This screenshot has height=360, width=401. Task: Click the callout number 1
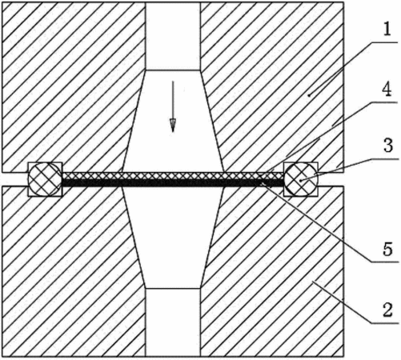point(387,29)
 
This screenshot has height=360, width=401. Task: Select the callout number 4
point(387,90)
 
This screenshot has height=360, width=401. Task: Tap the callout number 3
point(387,146)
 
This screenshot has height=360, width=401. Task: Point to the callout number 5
point(387,250)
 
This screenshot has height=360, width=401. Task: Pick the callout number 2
point(387,310)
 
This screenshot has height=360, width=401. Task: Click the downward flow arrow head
point(173,126)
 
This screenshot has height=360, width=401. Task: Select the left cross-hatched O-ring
point(45,179)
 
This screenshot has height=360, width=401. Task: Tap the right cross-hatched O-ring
point(301,179)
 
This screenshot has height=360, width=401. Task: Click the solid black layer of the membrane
point(173,183)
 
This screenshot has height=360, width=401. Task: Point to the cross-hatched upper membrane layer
point(173,176)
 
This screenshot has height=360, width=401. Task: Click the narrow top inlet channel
point(173,36)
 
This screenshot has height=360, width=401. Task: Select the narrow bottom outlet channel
point(173,322)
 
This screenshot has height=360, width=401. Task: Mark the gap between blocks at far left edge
point(15,179)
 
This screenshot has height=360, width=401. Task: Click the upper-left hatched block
point(70,86)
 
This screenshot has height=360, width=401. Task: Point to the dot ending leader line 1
point(309,95)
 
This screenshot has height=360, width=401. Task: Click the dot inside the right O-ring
point(301,181)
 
